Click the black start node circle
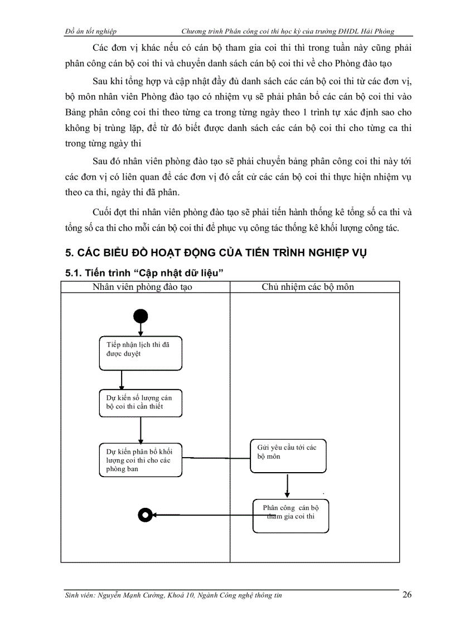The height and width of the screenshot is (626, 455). click(141, 317)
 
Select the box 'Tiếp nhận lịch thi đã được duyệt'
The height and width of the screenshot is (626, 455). click(141, 353)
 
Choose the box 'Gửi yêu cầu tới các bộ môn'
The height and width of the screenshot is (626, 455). click(287, 456)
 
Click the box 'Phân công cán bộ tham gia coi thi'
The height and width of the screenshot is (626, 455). click(290, 515)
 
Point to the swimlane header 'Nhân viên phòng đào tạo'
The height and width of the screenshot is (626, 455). click(145, 287)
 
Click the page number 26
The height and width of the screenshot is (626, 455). click(406, 595)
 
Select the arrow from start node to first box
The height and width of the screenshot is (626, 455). click(141, 329)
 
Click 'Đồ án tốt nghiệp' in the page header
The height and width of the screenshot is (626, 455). click(90, 32)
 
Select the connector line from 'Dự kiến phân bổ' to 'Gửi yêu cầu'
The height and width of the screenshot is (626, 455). click(215, 459)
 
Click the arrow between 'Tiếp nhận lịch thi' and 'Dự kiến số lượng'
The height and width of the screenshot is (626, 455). click(122, 380)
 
